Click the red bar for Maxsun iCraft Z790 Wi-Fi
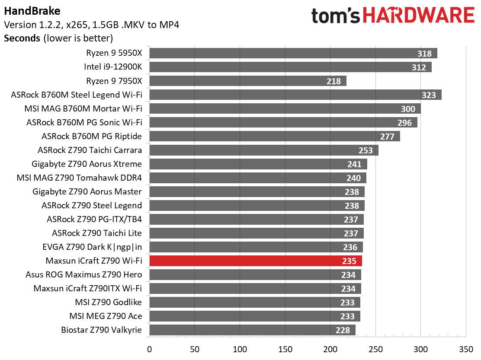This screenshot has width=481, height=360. (255, 261)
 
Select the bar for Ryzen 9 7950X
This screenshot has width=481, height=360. (247, 81)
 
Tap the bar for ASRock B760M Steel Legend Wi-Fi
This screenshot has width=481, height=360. (295, 95)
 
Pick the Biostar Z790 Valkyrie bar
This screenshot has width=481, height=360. (252, 330)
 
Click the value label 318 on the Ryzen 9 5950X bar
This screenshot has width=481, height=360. (424, 54)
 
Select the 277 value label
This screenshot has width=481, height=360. (387, 137)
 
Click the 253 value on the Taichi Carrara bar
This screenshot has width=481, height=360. (366, 150)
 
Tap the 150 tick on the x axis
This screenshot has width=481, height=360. (285, 348)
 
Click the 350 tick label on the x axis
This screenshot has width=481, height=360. (466, 348)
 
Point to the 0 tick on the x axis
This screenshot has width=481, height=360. (149, 348)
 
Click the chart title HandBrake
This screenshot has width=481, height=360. (26, 11)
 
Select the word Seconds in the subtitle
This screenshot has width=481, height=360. (22, 38)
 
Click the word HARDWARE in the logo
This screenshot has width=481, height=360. (419, 16)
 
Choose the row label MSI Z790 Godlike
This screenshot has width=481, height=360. (106, 302)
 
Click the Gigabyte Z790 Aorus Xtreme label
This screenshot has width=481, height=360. (87, 164)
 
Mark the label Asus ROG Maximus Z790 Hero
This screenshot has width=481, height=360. (83, 274)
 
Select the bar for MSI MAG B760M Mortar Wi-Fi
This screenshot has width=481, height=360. (285, 108)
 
